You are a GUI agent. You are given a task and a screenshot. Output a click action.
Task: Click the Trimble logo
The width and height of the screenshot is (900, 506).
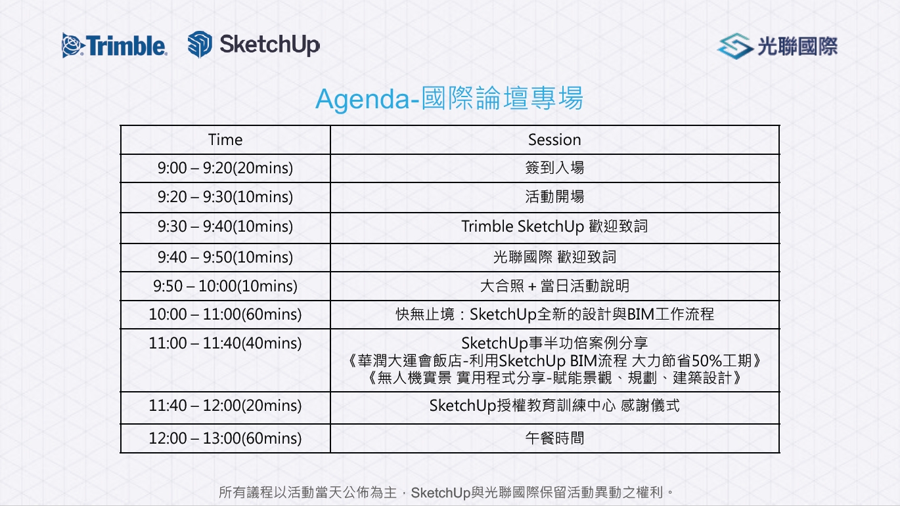point(114,45)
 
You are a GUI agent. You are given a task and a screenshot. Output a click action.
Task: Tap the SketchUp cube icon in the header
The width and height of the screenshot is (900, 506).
point(200,45)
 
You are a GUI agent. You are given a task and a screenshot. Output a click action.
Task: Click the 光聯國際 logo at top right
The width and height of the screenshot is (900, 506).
point(777,46)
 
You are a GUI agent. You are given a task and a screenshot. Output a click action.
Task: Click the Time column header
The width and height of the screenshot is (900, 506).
point(225,140)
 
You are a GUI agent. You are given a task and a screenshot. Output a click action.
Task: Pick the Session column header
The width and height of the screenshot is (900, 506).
point(554,140)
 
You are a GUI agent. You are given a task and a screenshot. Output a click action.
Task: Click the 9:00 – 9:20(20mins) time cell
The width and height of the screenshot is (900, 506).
point(225,168)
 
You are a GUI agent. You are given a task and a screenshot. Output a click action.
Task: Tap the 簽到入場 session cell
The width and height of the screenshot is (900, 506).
point(554,168)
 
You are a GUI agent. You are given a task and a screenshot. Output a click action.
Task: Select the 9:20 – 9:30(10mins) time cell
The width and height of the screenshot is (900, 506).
point(225,197)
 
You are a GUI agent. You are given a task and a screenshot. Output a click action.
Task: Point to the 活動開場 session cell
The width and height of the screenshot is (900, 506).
point(554,197)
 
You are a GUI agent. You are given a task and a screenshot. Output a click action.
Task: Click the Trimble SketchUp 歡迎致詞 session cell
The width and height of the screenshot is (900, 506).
point(554,226)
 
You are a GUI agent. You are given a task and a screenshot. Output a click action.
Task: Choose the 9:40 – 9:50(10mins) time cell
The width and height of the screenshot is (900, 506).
point(225,257)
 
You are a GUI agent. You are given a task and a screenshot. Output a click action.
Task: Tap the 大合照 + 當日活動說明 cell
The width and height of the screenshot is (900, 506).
point(554,286)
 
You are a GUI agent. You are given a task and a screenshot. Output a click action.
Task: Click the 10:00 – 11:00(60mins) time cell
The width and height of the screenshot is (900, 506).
point(225,314)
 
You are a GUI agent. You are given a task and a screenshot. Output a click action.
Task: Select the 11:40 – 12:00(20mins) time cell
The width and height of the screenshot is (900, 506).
point(225,406)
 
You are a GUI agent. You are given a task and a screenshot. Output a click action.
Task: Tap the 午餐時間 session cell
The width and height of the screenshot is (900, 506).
point(554,438)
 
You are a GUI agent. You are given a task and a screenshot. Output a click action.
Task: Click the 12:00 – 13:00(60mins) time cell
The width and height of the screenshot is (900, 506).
point(225,438)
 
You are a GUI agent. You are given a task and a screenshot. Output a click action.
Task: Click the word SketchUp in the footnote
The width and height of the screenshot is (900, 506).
point(441,493)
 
